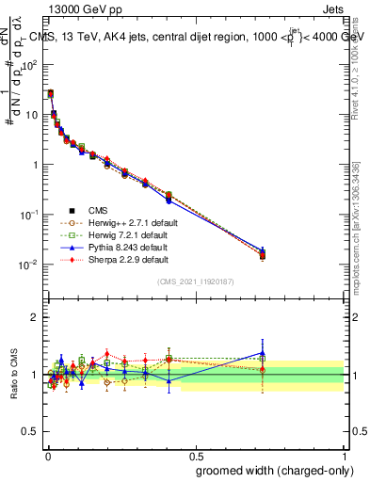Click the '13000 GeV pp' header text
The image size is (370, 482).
click(72, 10)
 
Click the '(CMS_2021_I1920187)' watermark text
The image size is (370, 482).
click(195, 282)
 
